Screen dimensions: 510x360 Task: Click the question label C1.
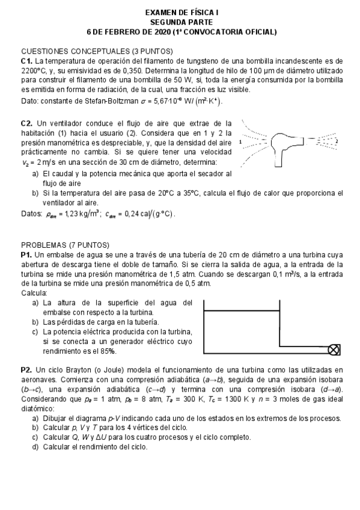[26, 61]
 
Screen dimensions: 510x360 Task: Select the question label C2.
[26, 123]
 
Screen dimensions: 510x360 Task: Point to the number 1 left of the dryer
[240, 143]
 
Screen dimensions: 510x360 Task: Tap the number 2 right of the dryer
[337, 142]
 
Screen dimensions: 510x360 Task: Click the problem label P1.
[26, 255]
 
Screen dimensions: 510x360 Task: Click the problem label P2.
[26, 369]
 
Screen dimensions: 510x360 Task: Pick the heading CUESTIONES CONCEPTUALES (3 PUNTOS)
[97, 51]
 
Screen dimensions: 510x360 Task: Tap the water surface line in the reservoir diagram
[242, 310]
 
